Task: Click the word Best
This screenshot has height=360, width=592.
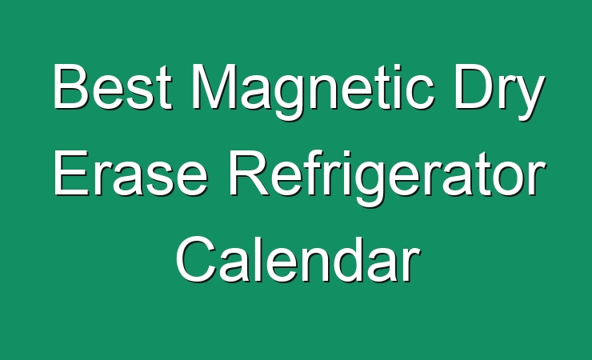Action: click(x=112, y=86)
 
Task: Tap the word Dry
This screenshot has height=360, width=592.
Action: click(x=499, y=92)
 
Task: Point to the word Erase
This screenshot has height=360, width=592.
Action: click(x=130, y=173)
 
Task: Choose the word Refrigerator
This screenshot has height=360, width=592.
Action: click(x=387, y=177)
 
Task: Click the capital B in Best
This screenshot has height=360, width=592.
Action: click(x=71, y=86)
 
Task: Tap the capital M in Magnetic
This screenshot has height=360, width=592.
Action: click(x=214, y=86)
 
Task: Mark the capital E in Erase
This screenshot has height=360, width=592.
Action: click(x=71, y=173)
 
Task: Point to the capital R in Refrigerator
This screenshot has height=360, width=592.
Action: click(x=249, y=173)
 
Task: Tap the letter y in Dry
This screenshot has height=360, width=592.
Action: click(x=529, y=98)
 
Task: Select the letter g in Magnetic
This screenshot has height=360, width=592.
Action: click(x=289, y=98)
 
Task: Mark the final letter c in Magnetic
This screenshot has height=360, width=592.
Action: click(x=419, y=93)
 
